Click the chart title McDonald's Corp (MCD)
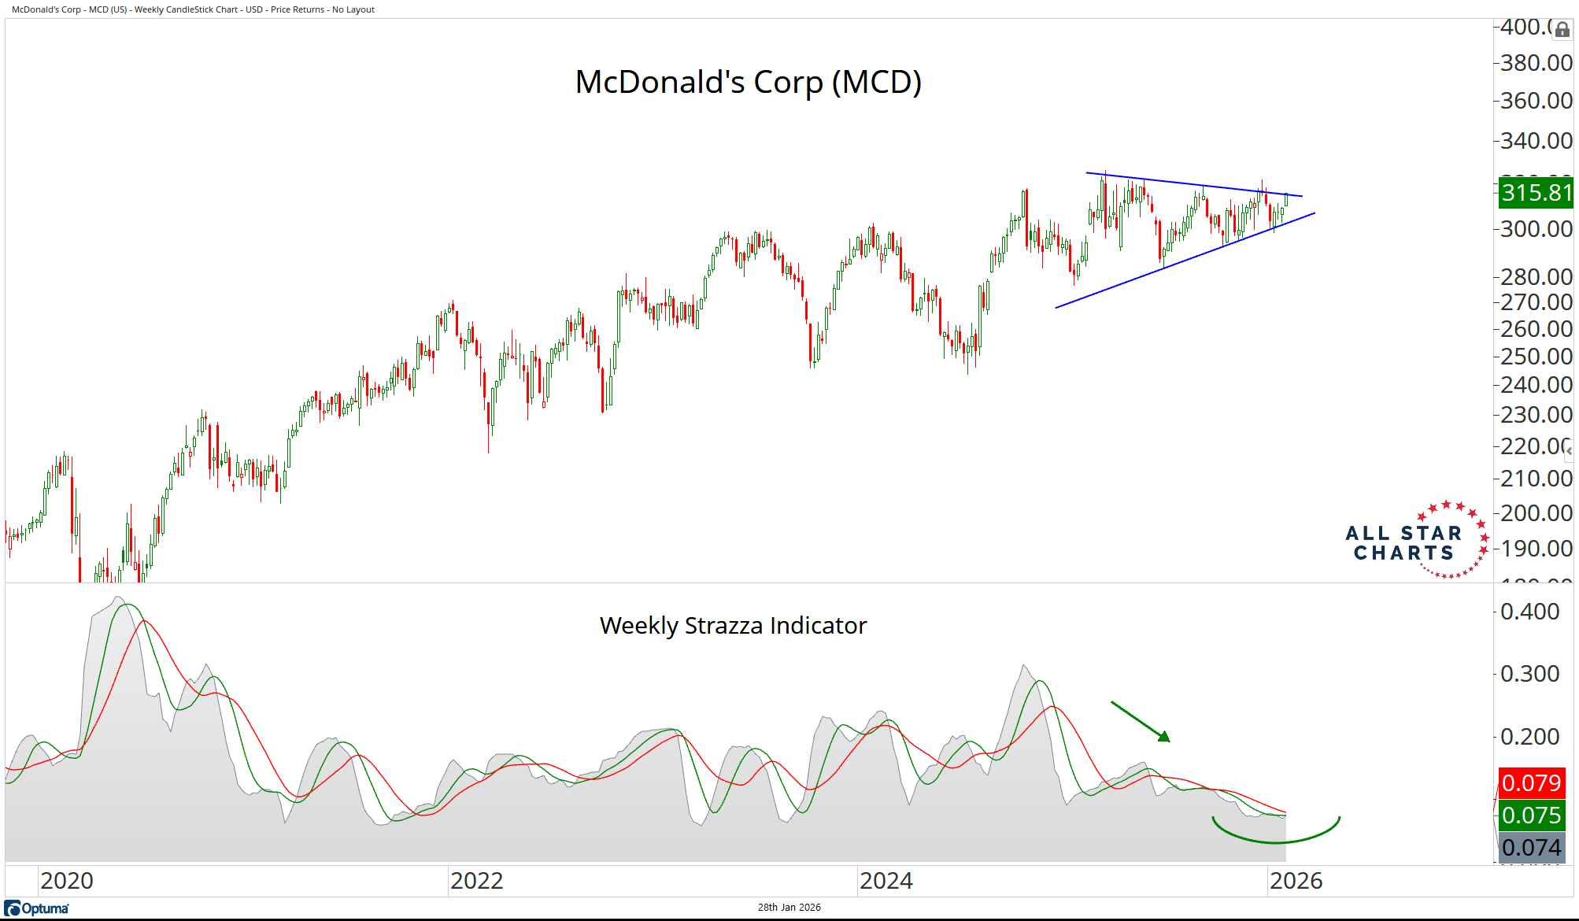point(748,82)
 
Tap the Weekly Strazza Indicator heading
point(733,625)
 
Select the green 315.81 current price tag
point(1536,193)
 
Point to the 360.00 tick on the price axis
point(1536,101)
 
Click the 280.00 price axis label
point(1536,277)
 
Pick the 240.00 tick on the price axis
point(1536,385)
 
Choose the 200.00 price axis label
point(1536,513)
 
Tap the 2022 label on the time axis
point(476,881)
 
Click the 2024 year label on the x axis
point(886,881)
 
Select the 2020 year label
point(67,881)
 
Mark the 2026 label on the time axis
point(1296,881)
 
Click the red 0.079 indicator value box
point(1531,783)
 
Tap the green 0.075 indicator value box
point(1531,816)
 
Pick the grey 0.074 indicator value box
point(1531,848)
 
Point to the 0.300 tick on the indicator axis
point(1529,674)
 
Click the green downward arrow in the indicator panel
point(1141,721)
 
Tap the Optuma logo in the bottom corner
point(37,908)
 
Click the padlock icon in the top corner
point(1562,30)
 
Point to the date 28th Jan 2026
point(789,908)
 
